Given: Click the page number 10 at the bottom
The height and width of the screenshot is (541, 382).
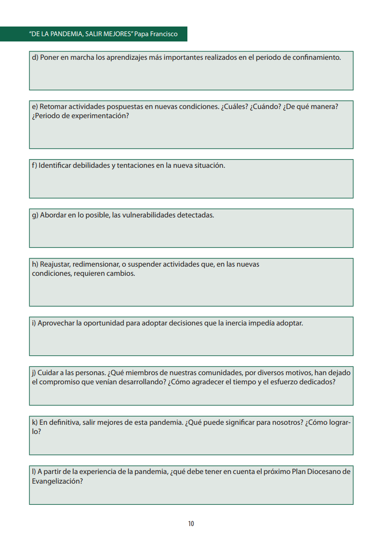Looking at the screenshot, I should pos(191,524).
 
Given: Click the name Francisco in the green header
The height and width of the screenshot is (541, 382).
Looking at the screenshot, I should pos(163,34).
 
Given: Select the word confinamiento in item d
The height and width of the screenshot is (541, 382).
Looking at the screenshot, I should pos(317,57).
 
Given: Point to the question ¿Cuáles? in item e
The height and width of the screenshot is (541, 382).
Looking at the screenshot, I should pos(234,107).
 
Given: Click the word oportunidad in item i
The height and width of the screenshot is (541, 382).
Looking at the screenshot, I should pos(103,323).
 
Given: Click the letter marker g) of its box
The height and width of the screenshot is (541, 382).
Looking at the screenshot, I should pos(35,215).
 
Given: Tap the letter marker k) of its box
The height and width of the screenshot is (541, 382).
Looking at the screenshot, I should pos(35,422).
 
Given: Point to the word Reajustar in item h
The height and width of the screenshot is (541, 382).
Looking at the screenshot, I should pos(55,264).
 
